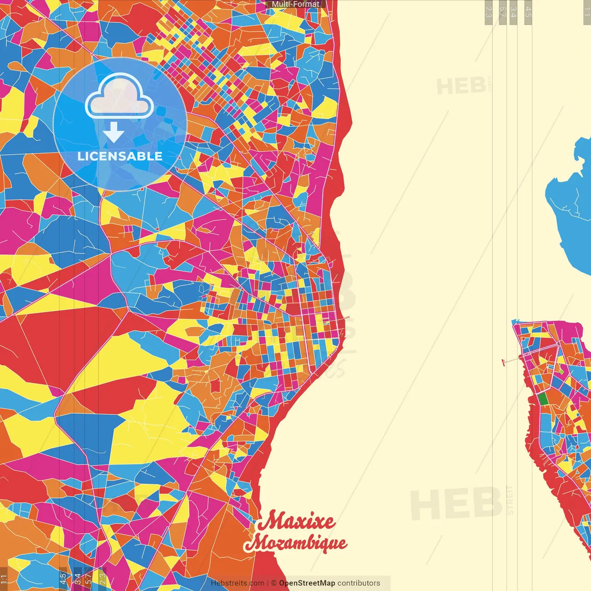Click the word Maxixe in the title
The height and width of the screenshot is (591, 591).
tap(296, 521)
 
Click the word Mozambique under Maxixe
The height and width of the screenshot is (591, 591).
tap(295, 543)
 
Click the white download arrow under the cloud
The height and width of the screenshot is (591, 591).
tap(114, 133)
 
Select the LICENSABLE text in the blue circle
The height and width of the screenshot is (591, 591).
tap(120, 156)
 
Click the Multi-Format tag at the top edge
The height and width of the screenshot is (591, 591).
tap(295, 4)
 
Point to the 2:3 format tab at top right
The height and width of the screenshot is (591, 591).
tap(488, 12)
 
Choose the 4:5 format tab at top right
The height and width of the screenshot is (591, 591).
tap(528, 12)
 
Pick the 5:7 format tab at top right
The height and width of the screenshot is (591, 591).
tap(502, 12)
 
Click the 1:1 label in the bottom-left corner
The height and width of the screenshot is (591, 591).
tap(4, 579)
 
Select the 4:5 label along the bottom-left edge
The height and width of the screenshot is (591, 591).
tap(63, 578)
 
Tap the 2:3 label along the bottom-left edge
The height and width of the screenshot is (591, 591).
tap(103, 578)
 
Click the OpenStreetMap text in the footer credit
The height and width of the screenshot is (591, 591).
tap(307, 583)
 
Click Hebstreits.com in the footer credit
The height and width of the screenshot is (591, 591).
tap(237, 583)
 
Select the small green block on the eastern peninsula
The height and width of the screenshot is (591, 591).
tap(543, 398)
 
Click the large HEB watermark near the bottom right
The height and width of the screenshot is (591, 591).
tap(455, 503)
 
